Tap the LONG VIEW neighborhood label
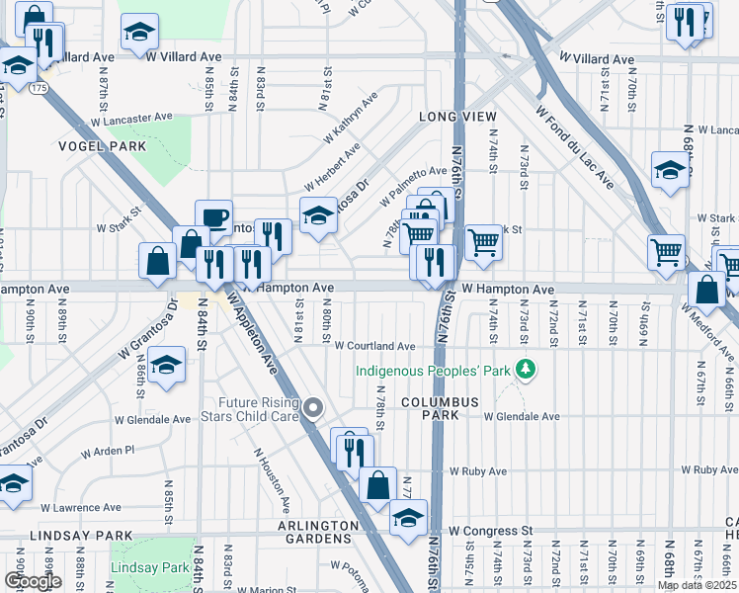coord(457,117)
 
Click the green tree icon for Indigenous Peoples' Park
coord(528,369)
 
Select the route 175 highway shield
coord(38,89)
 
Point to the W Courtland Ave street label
coord(373,346)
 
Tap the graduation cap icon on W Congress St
coord(407,516)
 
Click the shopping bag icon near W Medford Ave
coord(706,290)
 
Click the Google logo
coord(33,581)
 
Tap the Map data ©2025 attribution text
coord(697,585)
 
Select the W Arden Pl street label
coord(108,452)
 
